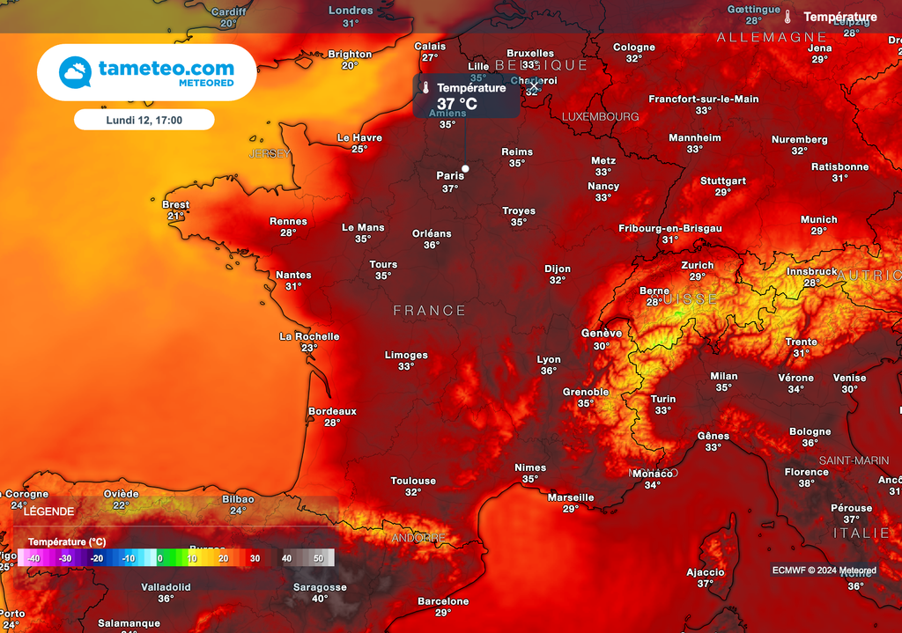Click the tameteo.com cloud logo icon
coord(76,72)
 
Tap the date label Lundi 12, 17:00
coord(144,120)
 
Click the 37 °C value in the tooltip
coord(457,104)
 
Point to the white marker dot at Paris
coord(465,168)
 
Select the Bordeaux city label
coord(332,411)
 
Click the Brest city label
coord(176,205)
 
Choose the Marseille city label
coord(571,497)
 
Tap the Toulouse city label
coord(413,481)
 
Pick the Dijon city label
coord(558,269)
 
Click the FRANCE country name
coord(430,311)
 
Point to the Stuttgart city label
coord(723,180)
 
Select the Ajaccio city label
coord(706,572)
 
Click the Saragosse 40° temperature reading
coord(320,599)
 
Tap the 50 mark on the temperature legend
coord(318,558)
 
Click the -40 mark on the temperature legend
coord(33,558)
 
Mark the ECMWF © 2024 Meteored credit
coord(824,570)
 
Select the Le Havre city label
coord(360,137)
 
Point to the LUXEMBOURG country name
coord(601,116)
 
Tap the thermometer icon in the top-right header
coord(787,17)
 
